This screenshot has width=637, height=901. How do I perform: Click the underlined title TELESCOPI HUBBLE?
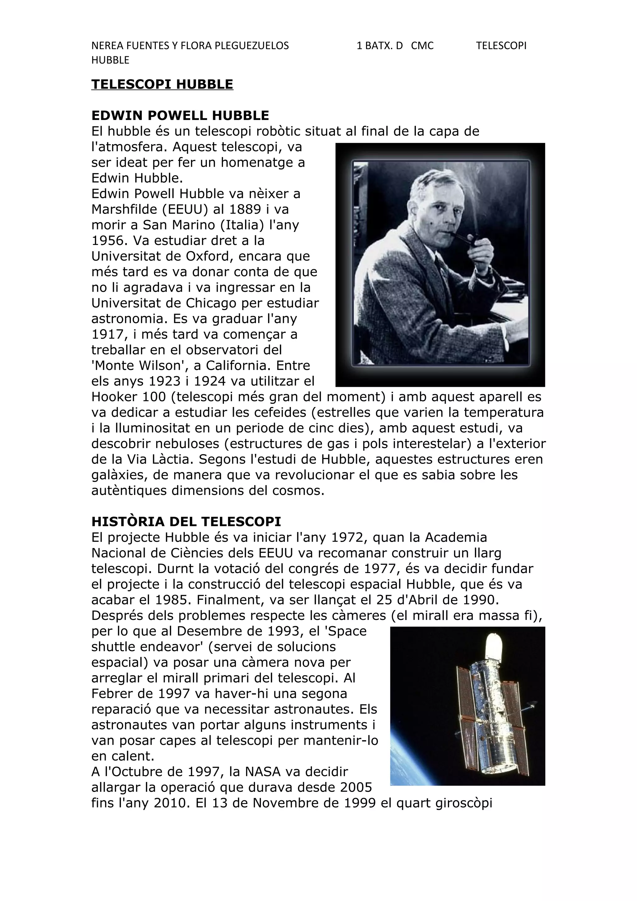point(162,84)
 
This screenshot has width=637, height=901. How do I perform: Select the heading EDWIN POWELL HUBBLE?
point(180,115)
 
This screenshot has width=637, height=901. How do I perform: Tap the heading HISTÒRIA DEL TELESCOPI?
point(186,521)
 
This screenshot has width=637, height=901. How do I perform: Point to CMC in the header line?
point(422,46)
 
